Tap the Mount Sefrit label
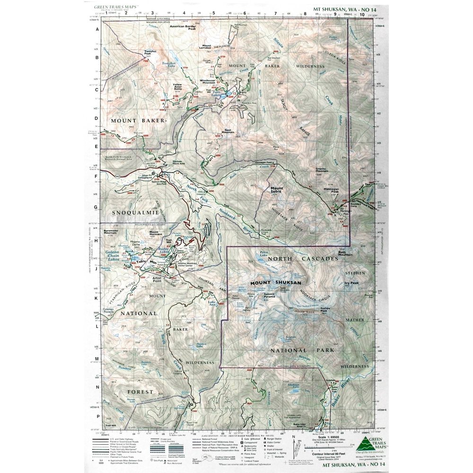277,190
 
